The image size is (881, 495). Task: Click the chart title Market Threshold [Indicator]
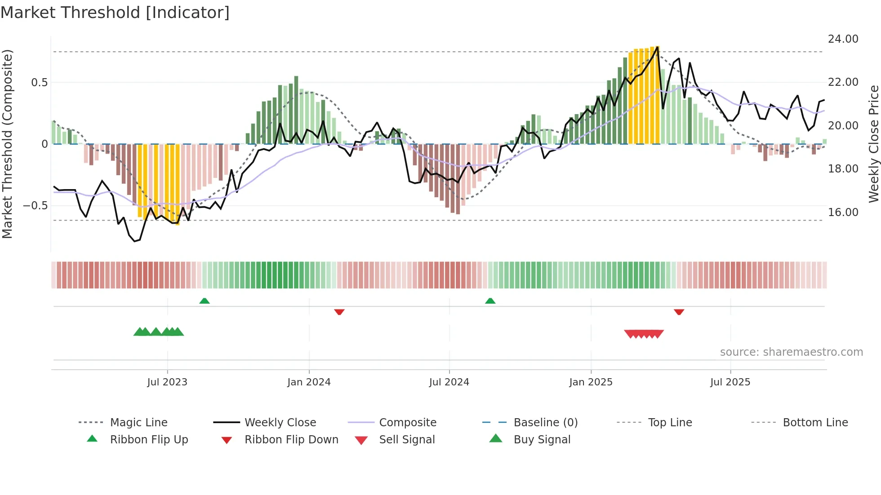[115, 13]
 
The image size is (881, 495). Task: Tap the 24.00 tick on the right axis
[843, 39]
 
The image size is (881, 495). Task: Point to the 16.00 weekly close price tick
[843, 212]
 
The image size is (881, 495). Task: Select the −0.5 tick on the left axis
[35, 206]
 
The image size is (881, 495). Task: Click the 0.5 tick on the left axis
[39, 82]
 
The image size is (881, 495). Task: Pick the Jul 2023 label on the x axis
[167, 382]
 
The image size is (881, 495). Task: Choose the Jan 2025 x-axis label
[591, 382]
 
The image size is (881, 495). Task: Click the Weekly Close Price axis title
[873, 144]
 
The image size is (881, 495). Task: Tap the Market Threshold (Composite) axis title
[7, 144]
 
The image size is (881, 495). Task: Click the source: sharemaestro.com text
[791, 352]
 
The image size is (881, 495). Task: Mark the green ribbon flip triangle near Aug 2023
[205, 301]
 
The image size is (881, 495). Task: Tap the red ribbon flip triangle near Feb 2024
[339, 312]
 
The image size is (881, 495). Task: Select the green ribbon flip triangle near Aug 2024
[490, 301]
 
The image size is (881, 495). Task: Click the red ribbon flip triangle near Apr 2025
[679, 312]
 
